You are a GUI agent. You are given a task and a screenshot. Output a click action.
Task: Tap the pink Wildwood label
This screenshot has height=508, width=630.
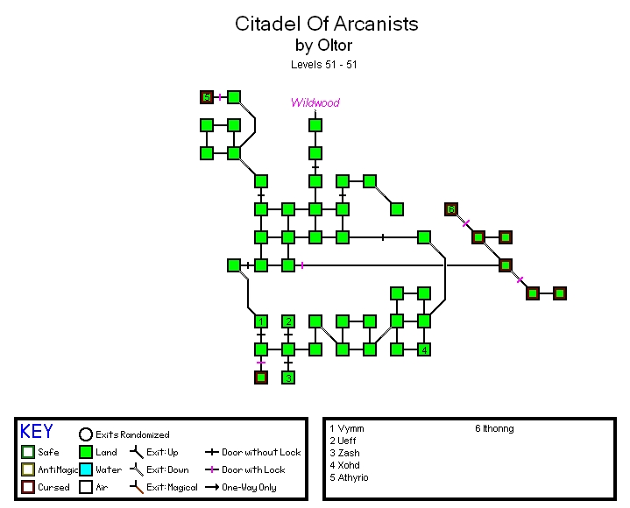pos(315,102)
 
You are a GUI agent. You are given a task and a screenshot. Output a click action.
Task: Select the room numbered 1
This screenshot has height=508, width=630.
pos(260,321)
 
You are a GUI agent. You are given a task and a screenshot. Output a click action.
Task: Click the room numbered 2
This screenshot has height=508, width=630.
pos(287,321)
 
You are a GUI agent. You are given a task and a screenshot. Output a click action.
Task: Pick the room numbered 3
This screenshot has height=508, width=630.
pos(287,377)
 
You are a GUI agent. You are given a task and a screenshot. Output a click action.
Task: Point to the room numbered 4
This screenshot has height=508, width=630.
pos(424,349)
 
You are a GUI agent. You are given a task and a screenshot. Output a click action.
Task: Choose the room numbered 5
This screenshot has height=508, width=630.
pos(207,97)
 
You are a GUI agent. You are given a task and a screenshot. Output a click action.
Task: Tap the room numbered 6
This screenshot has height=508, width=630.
pos(451,209)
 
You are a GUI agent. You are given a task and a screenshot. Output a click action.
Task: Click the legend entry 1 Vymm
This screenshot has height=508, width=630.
pos(347,429)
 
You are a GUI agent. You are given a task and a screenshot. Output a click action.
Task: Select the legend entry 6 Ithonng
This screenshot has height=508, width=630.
pos(494,429)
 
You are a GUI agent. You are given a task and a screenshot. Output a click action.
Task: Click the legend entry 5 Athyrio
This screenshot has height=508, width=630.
pos(349,477)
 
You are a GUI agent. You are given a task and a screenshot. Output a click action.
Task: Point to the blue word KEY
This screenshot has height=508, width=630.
pos(36,432)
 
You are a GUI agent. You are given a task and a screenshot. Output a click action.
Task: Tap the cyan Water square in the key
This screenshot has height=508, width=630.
pos(85,469)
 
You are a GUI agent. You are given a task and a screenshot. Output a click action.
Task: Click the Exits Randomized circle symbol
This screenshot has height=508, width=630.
pos(85,434)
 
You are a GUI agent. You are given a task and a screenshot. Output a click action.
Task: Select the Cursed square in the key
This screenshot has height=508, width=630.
pos(28,487)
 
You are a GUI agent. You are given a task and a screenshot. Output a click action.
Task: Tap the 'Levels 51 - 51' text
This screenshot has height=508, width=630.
pos(323,64)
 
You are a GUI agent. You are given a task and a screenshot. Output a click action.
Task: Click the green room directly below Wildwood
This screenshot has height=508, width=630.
pos(315,125)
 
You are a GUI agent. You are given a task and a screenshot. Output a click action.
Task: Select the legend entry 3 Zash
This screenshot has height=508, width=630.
pos(345,453)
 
